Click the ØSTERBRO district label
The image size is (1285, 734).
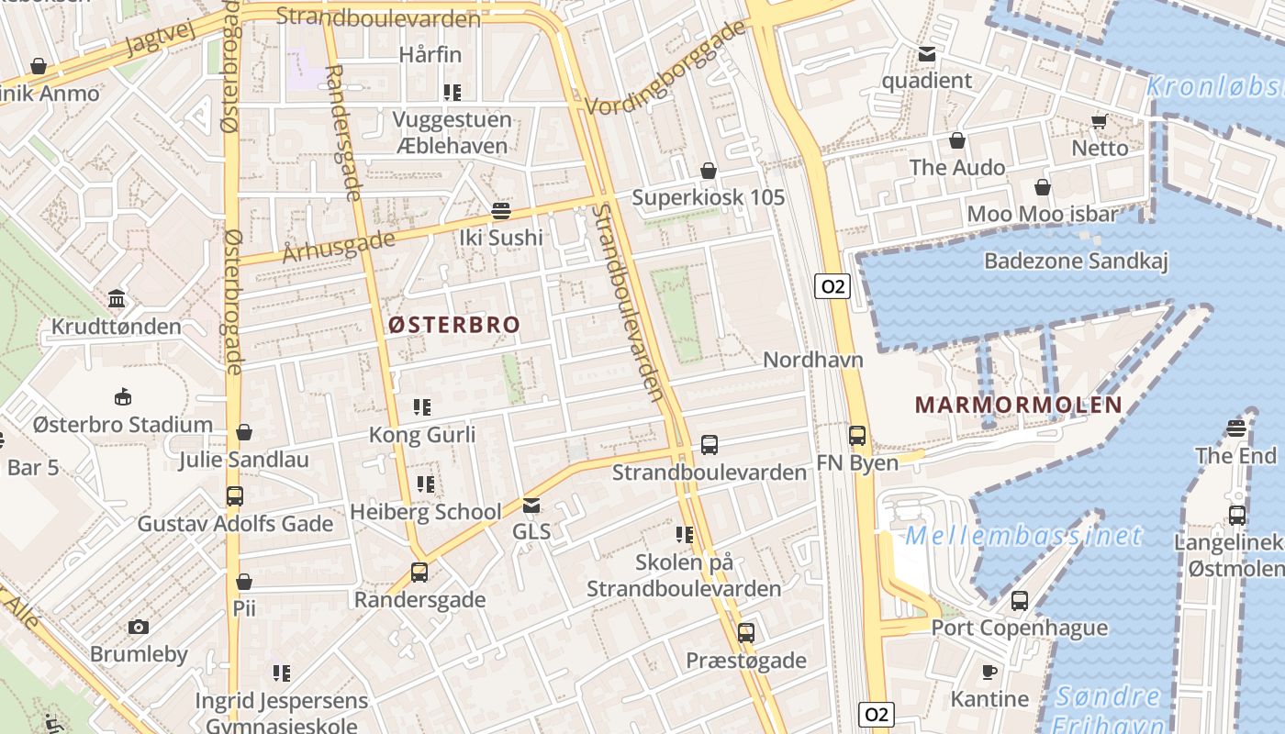(453, 324)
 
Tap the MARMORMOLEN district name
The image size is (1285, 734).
(1018, 405)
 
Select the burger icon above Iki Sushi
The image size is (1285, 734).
(500, 211)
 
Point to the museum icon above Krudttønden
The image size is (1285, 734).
(117, 299)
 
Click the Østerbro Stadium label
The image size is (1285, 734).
(123, 425)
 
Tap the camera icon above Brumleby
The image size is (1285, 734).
(139, 627)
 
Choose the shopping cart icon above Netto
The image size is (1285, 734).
(1100, 121)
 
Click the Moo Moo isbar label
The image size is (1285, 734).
(1043, 215)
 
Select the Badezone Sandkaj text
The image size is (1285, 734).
(1076, 261)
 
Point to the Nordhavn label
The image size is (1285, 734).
(813, 359)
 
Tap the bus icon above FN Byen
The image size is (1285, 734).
(857, 436)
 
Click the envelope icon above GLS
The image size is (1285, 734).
(531, 505)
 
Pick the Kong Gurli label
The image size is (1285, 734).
(422, 434)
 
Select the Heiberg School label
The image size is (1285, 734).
(426, 511)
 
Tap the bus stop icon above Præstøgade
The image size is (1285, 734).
(746, 632)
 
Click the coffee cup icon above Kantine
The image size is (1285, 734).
(989, 672)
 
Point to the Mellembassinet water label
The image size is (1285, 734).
(1023, 536)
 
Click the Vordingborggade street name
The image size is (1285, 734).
(665, 68)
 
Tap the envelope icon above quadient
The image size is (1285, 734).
(927, 54)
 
